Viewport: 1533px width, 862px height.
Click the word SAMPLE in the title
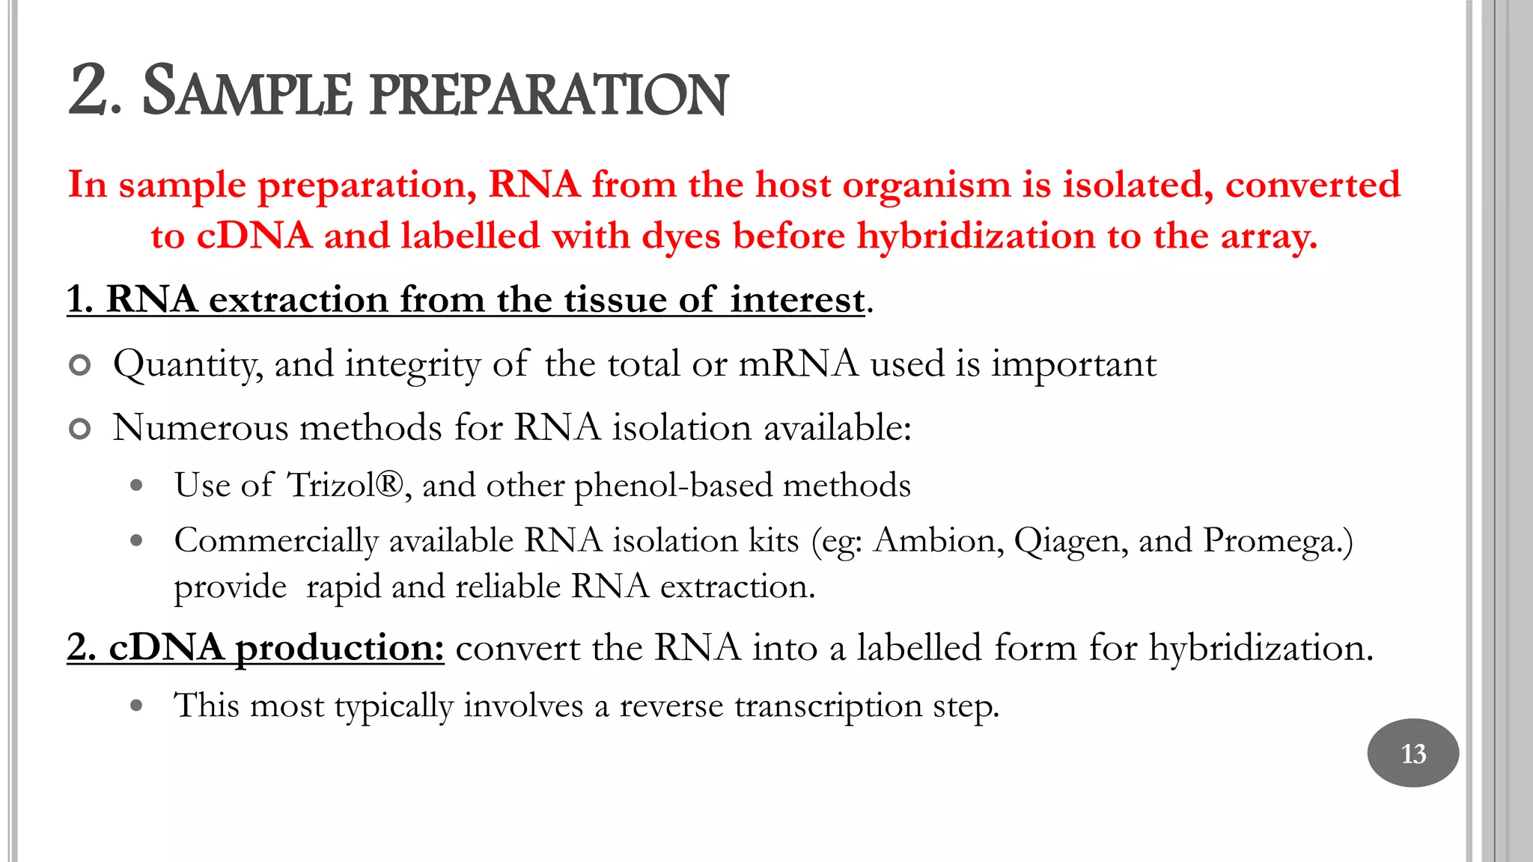(x=246, y=93)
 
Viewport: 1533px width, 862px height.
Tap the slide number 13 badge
(x=1412, y=753)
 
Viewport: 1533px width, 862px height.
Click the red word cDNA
(x=254, y=236)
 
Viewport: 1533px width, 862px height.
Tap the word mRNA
(x=798, y=364)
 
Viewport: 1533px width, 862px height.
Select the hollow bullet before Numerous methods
(x=79, y=430)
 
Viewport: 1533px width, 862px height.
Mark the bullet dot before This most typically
(x=136, y=705)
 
